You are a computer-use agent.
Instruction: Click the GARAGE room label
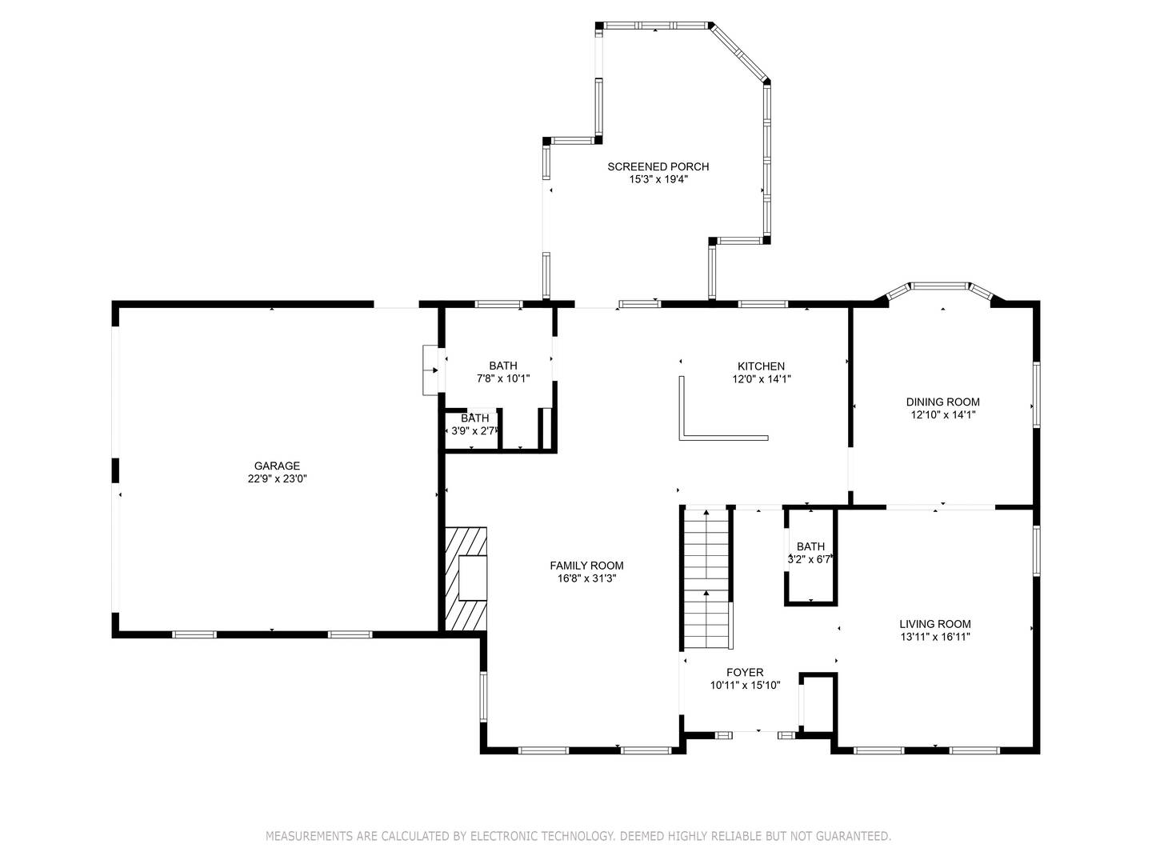tap(277, 466)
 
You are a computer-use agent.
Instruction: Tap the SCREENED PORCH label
tap(658, 167)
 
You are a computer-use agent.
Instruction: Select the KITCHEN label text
tap(761, 366)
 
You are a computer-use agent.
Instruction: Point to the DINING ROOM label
tap(942, 402)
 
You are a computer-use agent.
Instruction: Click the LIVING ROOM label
tap(934, 624)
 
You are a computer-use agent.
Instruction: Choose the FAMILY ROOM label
tap(586, 566)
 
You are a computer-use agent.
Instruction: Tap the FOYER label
tap(745, 672)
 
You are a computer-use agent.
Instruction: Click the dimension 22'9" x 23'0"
tap(277, 478)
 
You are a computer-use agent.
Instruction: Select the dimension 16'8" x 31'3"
tap(586, 578)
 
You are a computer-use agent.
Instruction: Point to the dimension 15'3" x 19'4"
tap(658, 179)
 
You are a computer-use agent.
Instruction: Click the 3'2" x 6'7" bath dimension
tap(810, 559)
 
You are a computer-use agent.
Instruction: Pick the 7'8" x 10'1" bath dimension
tap(502, 378)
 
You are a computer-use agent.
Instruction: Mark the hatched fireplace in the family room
tap(466, 578)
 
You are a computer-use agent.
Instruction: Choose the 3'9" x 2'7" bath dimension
tap(473, 431)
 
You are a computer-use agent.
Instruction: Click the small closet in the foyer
tap(817, 703)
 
